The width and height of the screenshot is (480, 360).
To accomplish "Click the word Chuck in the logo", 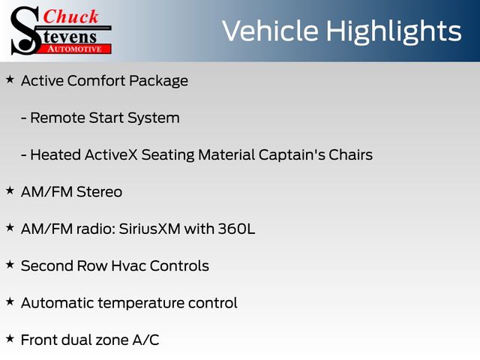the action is (70, 16).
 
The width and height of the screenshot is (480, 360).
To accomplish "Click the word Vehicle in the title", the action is (270, 31).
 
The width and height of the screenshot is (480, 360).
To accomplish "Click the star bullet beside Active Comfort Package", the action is (10, 79).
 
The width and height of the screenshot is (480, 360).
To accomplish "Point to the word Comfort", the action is (96, 81).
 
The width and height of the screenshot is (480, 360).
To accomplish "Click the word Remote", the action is (58, 118).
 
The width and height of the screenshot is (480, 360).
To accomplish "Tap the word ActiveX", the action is (111, 154).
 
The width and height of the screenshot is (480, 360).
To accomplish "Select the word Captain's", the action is (292, 154).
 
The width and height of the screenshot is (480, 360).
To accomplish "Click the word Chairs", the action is (351, 154).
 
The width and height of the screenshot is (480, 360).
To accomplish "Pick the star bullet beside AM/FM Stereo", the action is (10, 190).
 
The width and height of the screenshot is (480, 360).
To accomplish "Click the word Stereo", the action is (99, 192).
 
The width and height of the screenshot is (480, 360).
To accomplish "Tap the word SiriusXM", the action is (150, 229).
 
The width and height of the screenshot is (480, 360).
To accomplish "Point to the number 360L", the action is (236, 229).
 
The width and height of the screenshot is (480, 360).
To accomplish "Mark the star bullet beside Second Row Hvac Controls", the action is (10, 265).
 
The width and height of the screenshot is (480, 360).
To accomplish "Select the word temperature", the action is (141, 303).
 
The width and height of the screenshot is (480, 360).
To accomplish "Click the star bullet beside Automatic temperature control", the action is (10, 301).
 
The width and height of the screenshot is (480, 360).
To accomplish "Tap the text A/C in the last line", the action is (145, 340).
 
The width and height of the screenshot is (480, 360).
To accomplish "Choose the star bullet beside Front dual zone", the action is (10, 339).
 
